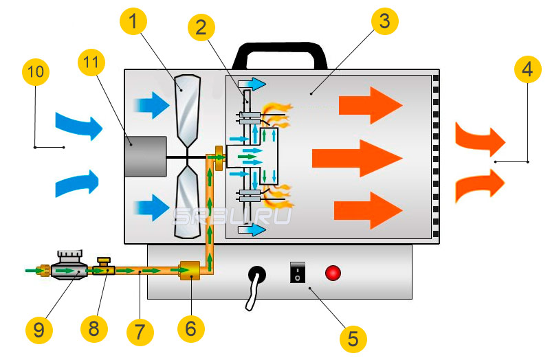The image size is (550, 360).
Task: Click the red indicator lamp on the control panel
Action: tap(333, 273)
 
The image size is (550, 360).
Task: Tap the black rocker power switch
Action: tap(296, 273)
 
